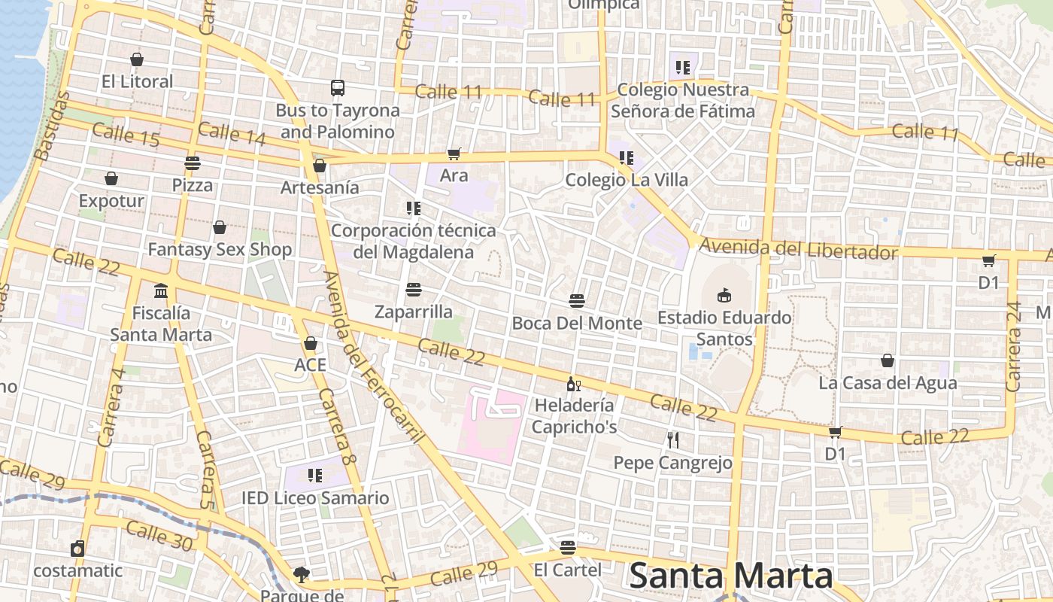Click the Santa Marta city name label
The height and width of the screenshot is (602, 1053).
[730, 576]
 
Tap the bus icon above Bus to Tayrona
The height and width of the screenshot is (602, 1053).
[338, 88]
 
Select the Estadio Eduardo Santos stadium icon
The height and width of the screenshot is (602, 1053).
[724, 294]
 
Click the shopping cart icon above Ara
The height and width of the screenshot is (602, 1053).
[454, 154]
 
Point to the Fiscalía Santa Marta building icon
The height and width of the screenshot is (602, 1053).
[161, 290]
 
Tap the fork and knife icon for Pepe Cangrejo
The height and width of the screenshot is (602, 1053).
[673, 440]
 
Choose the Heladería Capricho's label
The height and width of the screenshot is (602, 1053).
[575, 416]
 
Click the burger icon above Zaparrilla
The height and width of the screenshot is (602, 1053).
[413, 290]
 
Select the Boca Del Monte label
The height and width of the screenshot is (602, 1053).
[577, 324]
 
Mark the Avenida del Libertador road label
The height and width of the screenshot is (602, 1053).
[799, 249]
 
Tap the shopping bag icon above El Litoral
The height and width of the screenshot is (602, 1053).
[137, 59]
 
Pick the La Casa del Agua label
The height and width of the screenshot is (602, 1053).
[888, 383]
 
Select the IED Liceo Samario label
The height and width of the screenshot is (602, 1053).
[315, 498]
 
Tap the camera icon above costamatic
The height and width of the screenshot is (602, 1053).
[77, 549]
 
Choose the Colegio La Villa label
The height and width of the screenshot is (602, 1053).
[627, 180]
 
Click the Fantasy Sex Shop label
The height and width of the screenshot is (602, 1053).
[220, 250]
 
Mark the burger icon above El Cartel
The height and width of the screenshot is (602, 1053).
[568, 547]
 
